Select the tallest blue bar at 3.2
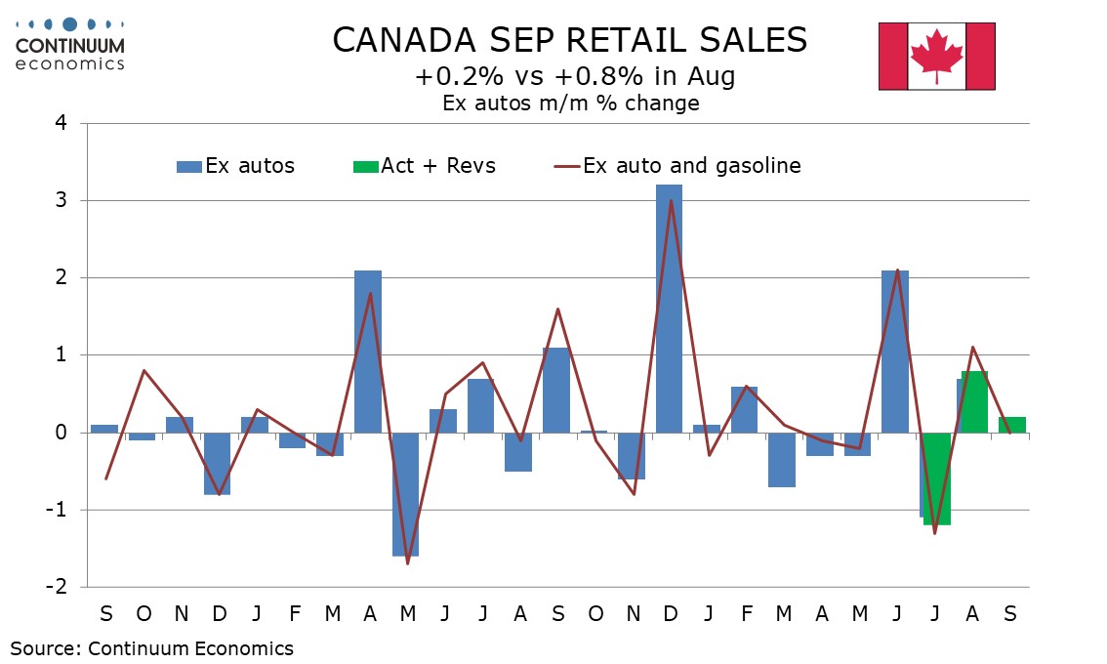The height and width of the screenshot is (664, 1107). [669, 308]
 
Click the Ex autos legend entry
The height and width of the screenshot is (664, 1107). [235, 166]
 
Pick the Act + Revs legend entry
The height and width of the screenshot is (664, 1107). [425, 166]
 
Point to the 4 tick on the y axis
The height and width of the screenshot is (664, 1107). [61, 124]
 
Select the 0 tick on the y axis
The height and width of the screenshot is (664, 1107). [61, 433]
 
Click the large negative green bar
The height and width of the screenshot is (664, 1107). [937, 478]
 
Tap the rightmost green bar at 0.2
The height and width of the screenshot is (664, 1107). [1012, 425]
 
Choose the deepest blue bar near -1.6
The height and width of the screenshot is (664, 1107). [405, 494]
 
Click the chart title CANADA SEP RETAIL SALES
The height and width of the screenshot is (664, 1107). [570, 40]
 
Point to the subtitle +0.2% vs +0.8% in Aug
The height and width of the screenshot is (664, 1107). [570, 76]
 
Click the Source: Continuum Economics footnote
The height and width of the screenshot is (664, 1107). [151, 647]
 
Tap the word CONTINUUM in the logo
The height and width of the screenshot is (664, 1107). [70, 46]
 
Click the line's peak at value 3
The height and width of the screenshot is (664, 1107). [670, 201]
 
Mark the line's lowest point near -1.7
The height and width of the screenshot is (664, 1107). [406, 563]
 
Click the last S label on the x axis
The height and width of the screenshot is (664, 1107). [1010, 614]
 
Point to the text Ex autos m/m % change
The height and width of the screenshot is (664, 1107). [570, 103]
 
